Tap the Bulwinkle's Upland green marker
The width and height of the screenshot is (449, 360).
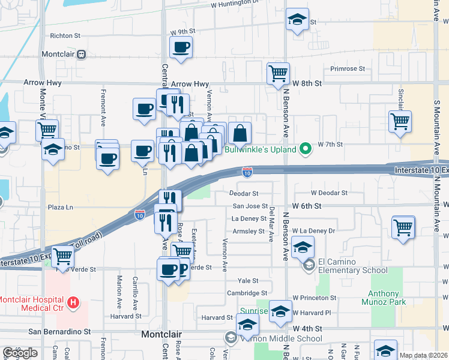point(306,149)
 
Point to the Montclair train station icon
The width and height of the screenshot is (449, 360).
point(81,54)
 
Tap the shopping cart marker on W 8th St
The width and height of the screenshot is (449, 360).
point(278,74)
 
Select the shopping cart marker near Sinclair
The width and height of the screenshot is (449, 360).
point(400,122)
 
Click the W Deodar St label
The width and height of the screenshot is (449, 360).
point(329,193)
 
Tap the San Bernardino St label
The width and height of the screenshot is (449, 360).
point(59,331)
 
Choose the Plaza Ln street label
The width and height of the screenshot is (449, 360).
point(60,207)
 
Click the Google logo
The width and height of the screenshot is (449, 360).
point(20,353)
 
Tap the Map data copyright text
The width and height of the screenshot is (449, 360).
point(424,355)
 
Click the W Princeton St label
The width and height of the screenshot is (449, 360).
point(315,298)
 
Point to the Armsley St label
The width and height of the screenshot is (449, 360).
point(248,231)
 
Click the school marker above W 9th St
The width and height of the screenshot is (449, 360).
point(297,19)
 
